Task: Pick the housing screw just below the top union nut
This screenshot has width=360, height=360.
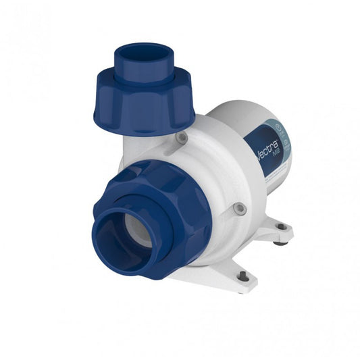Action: pyautogui.click(x=181, y=138)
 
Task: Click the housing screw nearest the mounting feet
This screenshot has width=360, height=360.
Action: pyautogui.click(x=237, y=209)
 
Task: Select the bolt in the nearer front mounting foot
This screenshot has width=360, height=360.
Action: pyautogui.click(x=242, y=275)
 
